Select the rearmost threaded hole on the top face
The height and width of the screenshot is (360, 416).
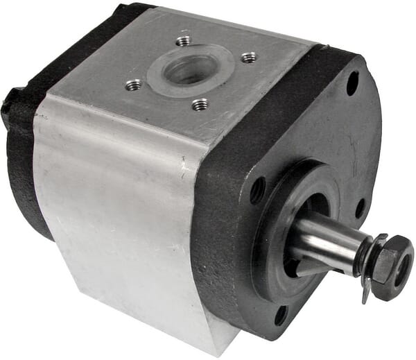(184, 41)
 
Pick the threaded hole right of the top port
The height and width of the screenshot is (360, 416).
(248, 58)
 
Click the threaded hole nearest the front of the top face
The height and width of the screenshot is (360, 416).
(200, 105)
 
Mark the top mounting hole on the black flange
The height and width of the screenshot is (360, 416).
(352, 85)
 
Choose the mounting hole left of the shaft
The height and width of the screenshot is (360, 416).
(257, 190)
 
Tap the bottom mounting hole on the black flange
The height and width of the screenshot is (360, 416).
(281, 316)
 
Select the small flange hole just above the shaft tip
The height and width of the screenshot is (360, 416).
(360, 206)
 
